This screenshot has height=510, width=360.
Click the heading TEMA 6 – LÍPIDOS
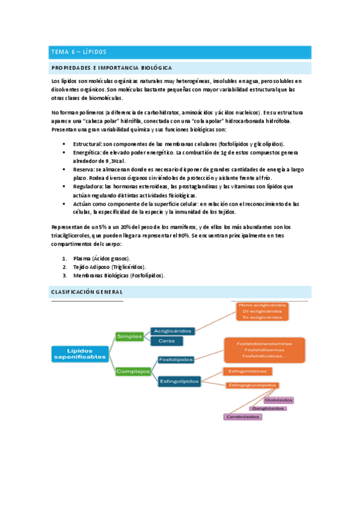point(79,52)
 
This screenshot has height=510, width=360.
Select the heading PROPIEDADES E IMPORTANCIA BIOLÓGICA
point(112,68)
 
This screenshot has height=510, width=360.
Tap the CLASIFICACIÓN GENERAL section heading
point(85,291)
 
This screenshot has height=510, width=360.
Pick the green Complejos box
point(133,371)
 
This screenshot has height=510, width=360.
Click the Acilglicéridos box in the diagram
point(173,331)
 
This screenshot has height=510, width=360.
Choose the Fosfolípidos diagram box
point(175,360)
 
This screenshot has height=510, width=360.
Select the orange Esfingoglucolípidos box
point(252,384)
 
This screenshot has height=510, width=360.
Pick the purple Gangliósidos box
point(268,408)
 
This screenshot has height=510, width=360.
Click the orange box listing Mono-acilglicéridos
point(263,311)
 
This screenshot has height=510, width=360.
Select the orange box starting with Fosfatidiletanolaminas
point(264,349)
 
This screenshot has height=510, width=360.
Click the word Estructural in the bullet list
point(87,144)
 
